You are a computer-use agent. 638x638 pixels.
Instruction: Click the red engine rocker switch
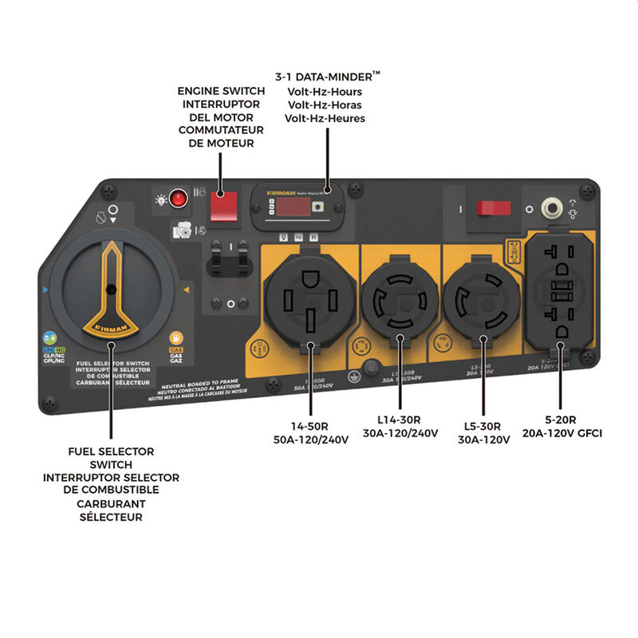coord(224,205)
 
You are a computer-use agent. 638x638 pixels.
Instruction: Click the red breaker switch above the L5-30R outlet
coord(494,208)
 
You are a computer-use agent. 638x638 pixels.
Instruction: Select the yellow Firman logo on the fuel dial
coord(110,327)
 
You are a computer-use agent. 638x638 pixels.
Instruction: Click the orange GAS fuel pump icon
coord(175,338)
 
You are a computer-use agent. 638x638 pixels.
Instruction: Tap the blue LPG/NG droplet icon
coord(49,338)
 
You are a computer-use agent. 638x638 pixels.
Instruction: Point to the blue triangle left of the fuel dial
coord(45,290)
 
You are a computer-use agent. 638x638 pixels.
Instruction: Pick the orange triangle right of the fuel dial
coord(186,290)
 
